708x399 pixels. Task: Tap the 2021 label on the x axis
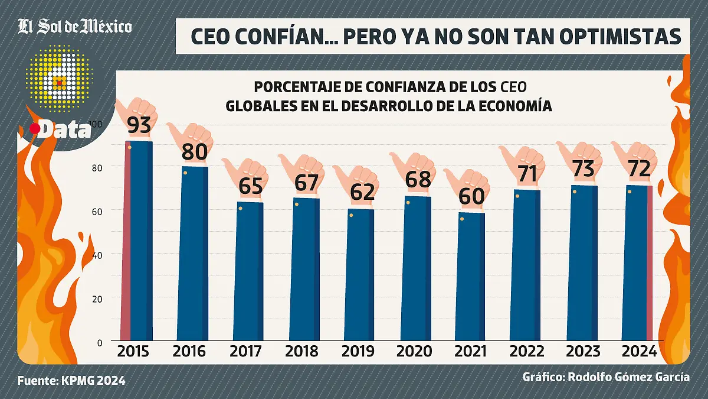tap(471, 351)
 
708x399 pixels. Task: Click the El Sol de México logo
tap(75, 27)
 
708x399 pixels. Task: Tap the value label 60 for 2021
tap(471, 196)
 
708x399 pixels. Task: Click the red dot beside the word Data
tap(35, 129)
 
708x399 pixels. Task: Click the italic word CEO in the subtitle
tap(513, 87)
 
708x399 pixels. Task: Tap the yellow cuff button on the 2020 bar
tap(408, 203)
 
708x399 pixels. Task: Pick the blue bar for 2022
tap(526, 266)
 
